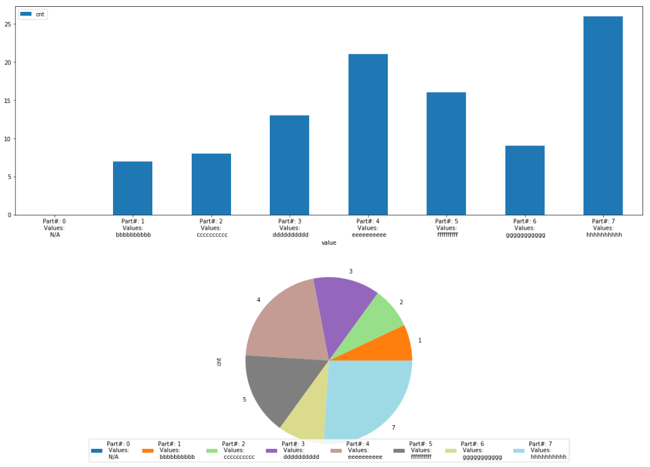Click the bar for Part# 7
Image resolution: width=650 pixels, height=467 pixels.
(603, 116)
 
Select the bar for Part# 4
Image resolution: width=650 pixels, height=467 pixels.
(368, 134)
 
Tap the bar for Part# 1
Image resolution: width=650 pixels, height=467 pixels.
(132, 188)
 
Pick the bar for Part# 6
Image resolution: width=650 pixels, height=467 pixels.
(524, 180)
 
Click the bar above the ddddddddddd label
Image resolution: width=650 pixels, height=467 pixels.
(289, 165)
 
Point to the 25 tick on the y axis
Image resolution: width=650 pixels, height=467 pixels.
(9, 24)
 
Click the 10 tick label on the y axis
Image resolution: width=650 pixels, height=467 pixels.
(9, 139)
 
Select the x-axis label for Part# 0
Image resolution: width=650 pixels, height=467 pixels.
(54, 228)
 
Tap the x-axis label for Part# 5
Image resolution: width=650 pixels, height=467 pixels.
(446, 228)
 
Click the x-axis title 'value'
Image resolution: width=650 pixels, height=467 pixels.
(328, 243)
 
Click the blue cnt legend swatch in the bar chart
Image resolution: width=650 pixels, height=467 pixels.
(26, 14)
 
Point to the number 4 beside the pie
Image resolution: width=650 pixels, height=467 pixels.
(259, 300)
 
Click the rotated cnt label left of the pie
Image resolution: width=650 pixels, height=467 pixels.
(219, 361)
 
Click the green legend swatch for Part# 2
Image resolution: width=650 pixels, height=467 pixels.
(212, 451)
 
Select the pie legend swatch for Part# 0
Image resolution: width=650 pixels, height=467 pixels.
(97, 451)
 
